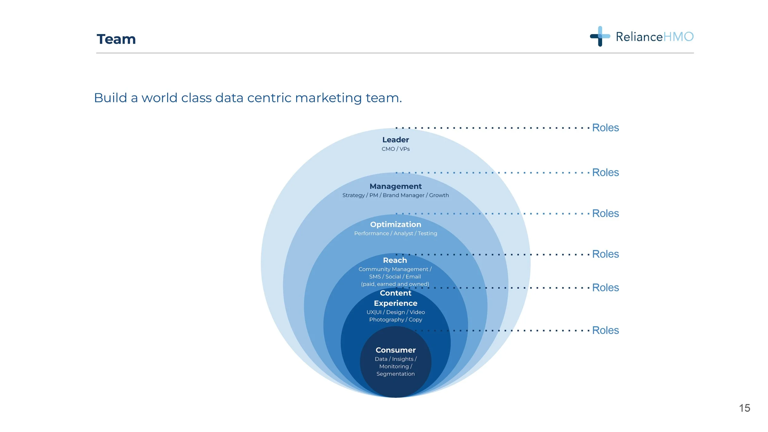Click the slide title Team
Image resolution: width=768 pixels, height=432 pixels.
point(116,39)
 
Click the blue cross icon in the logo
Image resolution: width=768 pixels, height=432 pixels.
point(600,36)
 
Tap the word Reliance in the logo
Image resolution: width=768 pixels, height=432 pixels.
point(639,37)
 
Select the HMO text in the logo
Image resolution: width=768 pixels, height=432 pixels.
point(678,37)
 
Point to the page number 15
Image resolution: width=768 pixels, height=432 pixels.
point(744,408)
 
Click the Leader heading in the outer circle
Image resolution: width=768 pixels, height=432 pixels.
point(395,140)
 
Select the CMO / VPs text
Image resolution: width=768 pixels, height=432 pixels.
point(395,149)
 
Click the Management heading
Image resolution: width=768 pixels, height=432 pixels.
point(395,186)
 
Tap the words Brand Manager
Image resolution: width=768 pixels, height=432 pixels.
point(403,195)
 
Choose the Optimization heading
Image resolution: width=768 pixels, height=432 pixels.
point(395,224)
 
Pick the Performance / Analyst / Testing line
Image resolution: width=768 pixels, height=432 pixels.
point(395,233)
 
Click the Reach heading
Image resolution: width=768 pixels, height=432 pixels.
point(395,260)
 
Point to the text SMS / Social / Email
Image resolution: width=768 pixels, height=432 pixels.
point(395,277)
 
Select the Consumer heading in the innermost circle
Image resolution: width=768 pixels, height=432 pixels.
point(395,350)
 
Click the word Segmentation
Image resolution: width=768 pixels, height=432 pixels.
point(395,374)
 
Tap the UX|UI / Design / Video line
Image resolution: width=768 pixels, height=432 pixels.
point(395,312)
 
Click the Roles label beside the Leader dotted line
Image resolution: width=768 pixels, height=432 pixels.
point(605,128)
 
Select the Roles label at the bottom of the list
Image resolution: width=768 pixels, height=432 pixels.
point(605,330)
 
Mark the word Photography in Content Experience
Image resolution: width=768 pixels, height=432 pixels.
point(386,320)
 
